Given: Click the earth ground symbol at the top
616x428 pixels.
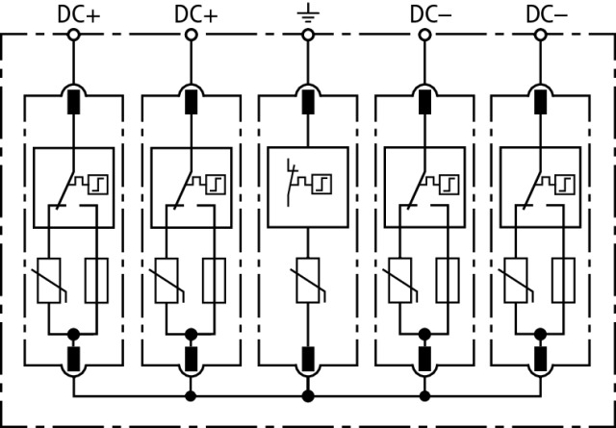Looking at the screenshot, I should [308, 13].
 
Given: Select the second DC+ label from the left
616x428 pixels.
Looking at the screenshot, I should [195, 13].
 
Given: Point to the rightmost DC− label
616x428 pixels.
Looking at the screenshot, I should [546, 13].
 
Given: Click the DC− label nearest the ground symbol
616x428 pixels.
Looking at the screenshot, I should [428, 13].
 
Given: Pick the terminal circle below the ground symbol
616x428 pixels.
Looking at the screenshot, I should [308, 35].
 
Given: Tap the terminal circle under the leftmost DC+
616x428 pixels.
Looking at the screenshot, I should [74, 35].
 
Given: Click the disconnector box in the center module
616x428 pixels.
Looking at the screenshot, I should [308, 187].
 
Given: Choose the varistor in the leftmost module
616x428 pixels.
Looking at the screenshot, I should [47, 281].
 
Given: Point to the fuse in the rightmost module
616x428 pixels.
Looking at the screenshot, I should [565, 281].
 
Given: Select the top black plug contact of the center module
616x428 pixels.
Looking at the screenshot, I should [308, 101].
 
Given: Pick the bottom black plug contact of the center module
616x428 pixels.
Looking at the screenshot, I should [308, 360].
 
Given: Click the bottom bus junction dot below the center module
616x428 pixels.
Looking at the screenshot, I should [308, 395].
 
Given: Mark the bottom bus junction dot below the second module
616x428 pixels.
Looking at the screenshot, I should [191, 395].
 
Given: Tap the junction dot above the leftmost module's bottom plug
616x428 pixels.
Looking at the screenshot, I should [74, 334].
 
